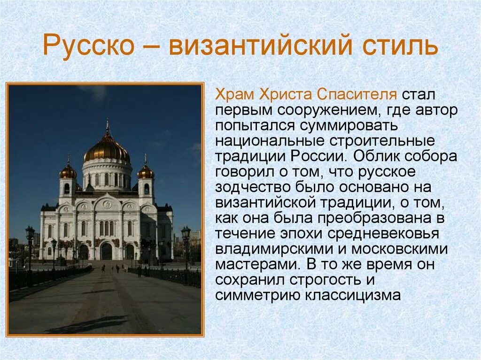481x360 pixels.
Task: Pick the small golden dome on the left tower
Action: tap(68, 171)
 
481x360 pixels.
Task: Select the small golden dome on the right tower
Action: tap(146, 172)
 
